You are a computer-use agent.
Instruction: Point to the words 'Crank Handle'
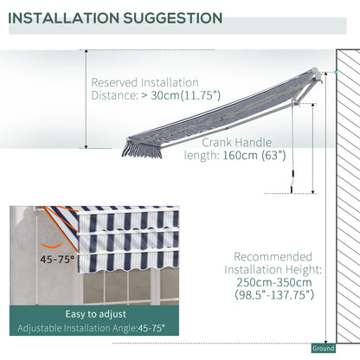coord(237,142)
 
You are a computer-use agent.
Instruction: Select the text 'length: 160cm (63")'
coord(233,157)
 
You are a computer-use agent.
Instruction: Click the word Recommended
coord(272,257)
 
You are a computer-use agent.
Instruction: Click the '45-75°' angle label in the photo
coord(55,257)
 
